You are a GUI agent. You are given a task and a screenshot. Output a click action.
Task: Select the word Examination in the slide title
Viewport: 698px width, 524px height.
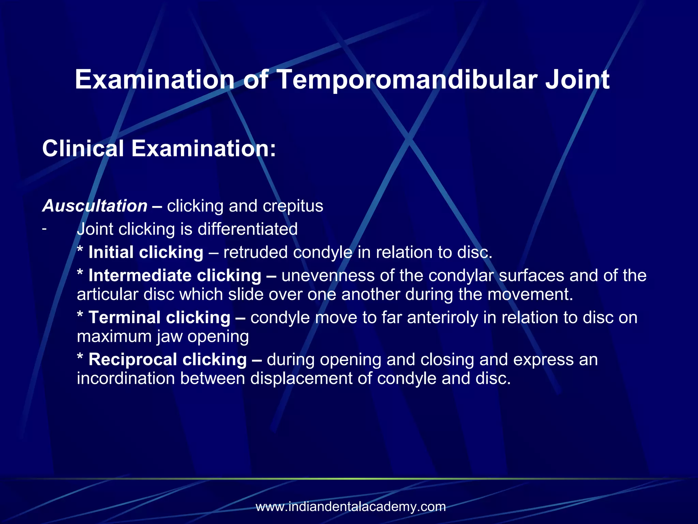coord(154,79)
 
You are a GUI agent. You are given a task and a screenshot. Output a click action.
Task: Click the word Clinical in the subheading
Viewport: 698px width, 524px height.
coord(83,149)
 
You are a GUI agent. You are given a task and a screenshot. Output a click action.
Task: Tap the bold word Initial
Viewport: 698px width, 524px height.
coord(111,252)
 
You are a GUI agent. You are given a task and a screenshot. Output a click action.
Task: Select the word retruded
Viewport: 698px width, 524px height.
coord(255,252)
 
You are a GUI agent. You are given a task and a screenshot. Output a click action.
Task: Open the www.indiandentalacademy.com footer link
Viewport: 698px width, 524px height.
coord(351,507)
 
